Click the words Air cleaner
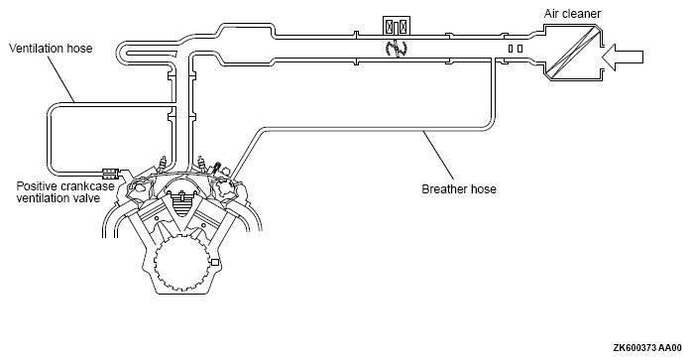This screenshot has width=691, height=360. [572, 14]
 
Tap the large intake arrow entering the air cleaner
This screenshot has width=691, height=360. [623, 58]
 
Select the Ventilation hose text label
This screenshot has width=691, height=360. [51, 48]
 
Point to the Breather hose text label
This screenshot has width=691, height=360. [459, 189]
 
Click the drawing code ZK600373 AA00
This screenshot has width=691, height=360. [647, 348]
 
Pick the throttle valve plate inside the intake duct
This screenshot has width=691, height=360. [397, 49]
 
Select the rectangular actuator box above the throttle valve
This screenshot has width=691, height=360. [397, 26]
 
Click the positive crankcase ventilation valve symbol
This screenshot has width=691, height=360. [110, 173]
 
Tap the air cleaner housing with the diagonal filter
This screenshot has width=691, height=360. [572, 54]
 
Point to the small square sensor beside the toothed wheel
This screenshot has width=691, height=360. [215, 263]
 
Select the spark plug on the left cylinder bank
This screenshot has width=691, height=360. [164, 166]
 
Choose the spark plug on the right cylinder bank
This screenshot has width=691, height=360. [202, 166]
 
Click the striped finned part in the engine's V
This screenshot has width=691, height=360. [181, 203]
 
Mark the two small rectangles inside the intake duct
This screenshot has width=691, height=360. [516, 49]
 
